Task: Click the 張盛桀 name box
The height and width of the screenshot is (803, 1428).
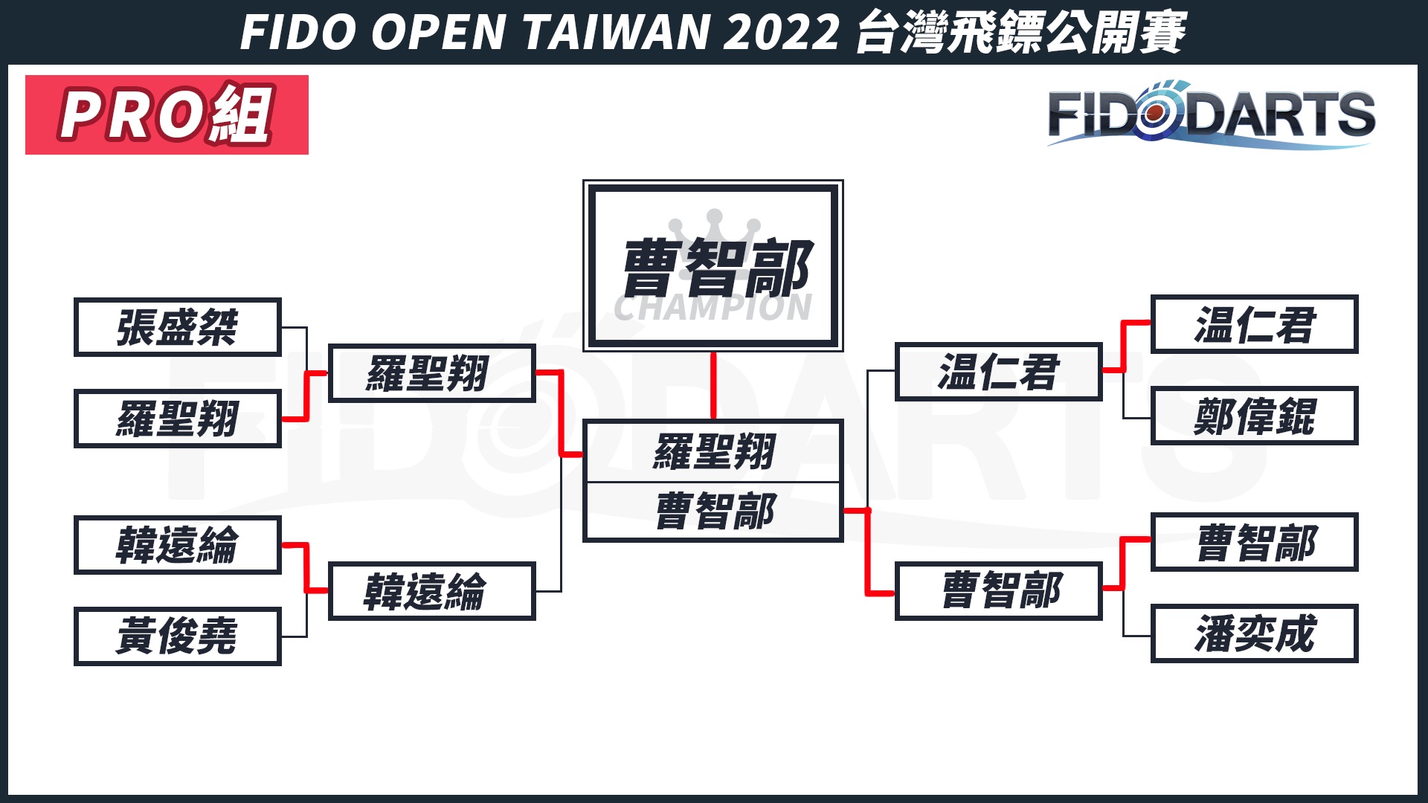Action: [x=177, y=327]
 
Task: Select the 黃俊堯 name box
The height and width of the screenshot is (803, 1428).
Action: [x=177, y=636]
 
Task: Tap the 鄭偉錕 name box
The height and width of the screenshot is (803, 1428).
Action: [x=1254, y=416]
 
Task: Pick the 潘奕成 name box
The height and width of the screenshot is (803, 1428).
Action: [x=1254, y=633]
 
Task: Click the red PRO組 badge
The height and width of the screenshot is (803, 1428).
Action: [x=167, y=115]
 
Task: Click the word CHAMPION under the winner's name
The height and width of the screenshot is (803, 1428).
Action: [x=713, y=309]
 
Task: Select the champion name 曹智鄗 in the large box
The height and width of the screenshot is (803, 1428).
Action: [x=715, y=268]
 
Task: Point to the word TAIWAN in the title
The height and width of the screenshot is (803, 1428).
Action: [x=617, y=33]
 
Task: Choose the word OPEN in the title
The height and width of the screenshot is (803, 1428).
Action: [x=439, y=33]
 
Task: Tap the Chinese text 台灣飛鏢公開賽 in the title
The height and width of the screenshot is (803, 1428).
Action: [x=1020, y=33]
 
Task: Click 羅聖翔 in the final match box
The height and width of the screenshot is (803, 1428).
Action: [x=713, y=451]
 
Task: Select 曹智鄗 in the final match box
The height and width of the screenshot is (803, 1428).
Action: [x=715, y=512]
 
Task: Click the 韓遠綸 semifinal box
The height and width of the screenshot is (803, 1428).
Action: [x=431, y=592]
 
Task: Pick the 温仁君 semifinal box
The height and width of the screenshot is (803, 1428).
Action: [x=998, y=372]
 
